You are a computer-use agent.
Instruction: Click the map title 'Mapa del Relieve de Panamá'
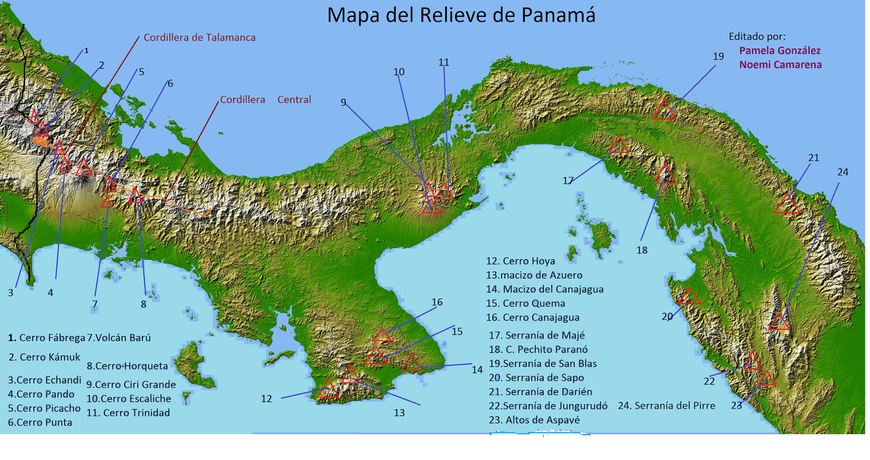pos(461,15)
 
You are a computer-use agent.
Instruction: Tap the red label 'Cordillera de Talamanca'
pos(200,38)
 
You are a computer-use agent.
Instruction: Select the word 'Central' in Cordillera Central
pos(294,100)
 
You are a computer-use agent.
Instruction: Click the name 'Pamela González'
pos(779,51)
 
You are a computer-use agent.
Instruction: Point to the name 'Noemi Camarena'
pos(780,65)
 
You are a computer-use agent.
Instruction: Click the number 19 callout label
pos(718,57)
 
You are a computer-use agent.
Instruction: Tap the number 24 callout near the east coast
pos(842,172)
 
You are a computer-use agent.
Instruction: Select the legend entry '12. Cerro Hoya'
pos(520,261)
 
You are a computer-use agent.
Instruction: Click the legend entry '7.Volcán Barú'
pos(119,338)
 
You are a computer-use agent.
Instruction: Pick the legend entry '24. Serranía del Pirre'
pos(666,406)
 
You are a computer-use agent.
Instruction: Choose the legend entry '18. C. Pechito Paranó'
pos(538,349)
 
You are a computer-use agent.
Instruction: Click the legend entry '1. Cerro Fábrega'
pos(47,338)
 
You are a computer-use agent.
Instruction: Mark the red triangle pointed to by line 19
pos(664,110)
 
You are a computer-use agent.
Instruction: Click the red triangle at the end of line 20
pos(689,297)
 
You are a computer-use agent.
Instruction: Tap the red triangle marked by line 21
pos(787,204)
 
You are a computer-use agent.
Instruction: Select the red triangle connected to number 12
pos(328,390)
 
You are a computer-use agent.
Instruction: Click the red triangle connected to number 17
pos(618,146)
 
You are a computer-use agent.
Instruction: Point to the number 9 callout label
pos(343,102)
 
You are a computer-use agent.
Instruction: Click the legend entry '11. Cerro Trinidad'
pos(128,413)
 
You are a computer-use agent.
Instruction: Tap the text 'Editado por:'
pos(757,36)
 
